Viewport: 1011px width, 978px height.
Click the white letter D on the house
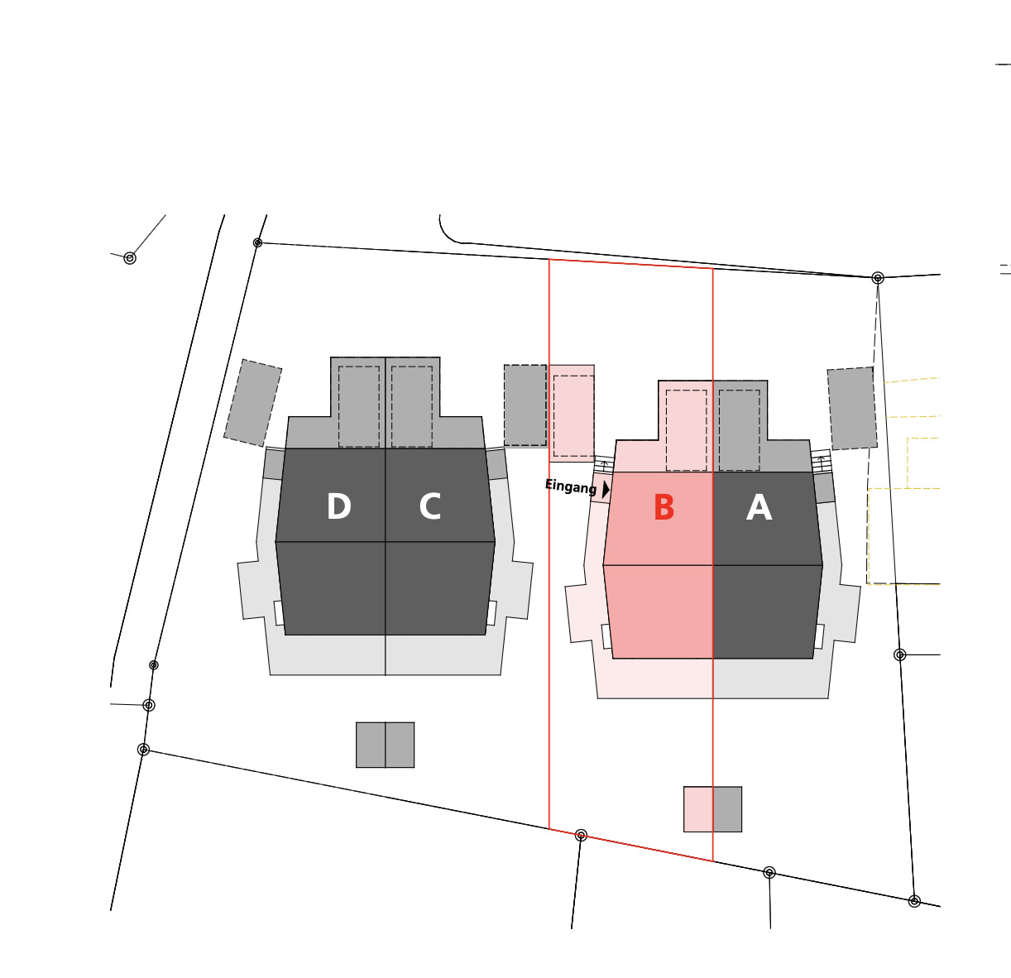point(338,507)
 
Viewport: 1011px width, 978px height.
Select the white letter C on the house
point(429,507)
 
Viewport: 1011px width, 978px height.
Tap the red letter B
point(664,508)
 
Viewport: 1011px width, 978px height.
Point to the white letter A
point(759,508)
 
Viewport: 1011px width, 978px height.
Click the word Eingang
point(570,487)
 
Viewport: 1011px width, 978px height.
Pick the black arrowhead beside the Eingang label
point(606,489)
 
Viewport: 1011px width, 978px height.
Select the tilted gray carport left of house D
point(252,403)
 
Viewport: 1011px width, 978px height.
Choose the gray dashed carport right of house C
point(525,405)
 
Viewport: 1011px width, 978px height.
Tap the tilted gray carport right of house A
point(852,409)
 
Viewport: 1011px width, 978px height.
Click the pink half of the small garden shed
point(698,809)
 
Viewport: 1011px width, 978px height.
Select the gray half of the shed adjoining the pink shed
point(727,809)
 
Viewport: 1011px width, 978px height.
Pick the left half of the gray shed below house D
point(371,745)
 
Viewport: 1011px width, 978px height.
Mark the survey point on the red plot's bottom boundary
point(581,835)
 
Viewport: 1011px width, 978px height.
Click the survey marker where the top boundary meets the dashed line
point(878,278)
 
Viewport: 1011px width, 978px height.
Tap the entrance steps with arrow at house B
point(604,465)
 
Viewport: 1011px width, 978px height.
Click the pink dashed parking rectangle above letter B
point(686,430)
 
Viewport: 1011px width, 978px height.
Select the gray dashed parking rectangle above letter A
point(739,430)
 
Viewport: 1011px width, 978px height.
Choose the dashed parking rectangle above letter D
point(359,406)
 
